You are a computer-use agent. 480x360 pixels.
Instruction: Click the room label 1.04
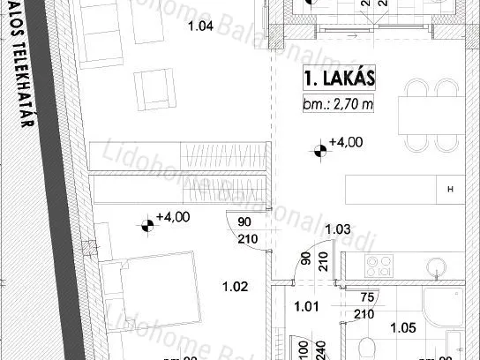(201, 26)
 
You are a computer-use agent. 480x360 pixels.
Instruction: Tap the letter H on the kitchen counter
(450, 190)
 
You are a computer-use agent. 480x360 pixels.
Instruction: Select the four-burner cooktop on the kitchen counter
(380, 265)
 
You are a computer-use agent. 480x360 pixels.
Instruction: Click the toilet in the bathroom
(371, 346)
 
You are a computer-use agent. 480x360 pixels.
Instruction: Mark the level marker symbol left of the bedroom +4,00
(146, 228)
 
